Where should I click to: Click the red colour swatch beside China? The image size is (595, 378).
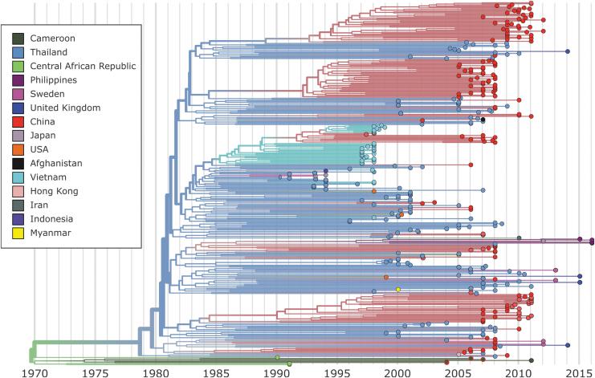click(18, 121)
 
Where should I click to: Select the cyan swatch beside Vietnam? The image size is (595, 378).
click(18, 177)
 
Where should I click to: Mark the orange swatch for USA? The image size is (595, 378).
click(18, 149)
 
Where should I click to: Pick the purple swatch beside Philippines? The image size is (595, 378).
click(18, 79)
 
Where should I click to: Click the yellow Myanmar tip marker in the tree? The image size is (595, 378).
click(397, 289)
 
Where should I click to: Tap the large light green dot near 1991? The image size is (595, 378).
click(290, 364)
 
